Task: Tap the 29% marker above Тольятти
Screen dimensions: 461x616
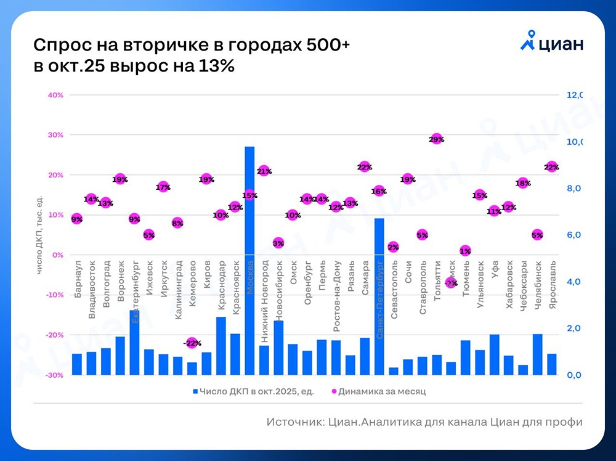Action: [x=437, y=139]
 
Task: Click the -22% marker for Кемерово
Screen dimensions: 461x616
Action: [x=192, y=343]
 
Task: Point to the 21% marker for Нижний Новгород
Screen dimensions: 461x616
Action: [x=264, y=171]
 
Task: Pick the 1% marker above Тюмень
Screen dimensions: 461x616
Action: [x=465, y=251]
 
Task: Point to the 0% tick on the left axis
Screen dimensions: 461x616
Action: [x=57, y=255]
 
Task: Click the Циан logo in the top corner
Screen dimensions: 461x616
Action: [x=551, y=45]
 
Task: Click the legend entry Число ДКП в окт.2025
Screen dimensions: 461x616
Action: [x=253, y=391]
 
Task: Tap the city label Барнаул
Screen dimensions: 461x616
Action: [x=78, y=284]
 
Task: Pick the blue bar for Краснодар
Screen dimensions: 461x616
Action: [x=221, y=345]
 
